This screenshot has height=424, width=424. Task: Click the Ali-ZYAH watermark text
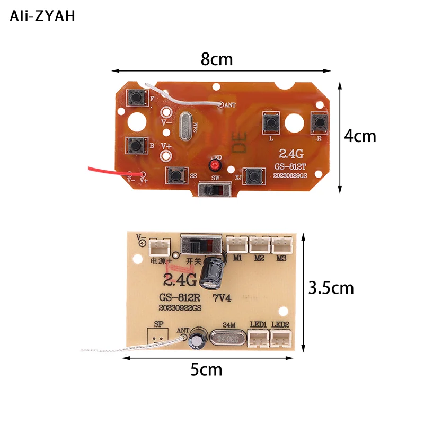tap(42, 16)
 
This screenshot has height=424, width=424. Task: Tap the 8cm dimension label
tap(217, 59)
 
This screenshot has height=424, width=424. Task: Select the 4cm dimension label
tap(360, 136)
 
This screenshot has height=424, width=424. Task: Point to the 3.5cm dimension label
tap(331, 288)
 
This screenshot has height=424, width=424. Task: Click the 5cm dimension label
tap(206, 369)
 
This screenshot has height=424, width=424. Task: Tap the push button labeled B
tap(136, 144)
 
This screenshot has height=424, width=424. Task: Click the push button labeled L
tap(272, 123)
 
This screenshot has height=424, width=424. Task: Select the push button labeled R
tap(320, 122)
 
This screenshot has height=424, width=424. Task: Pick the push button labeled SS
tap(175, 175)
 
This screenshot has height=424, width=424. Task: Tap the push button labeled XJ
tap(255, 175)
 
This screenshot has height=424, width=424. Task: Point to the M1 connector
tap(236, 244)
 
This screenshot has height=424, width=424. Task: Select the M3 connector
tap(281, 244)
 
